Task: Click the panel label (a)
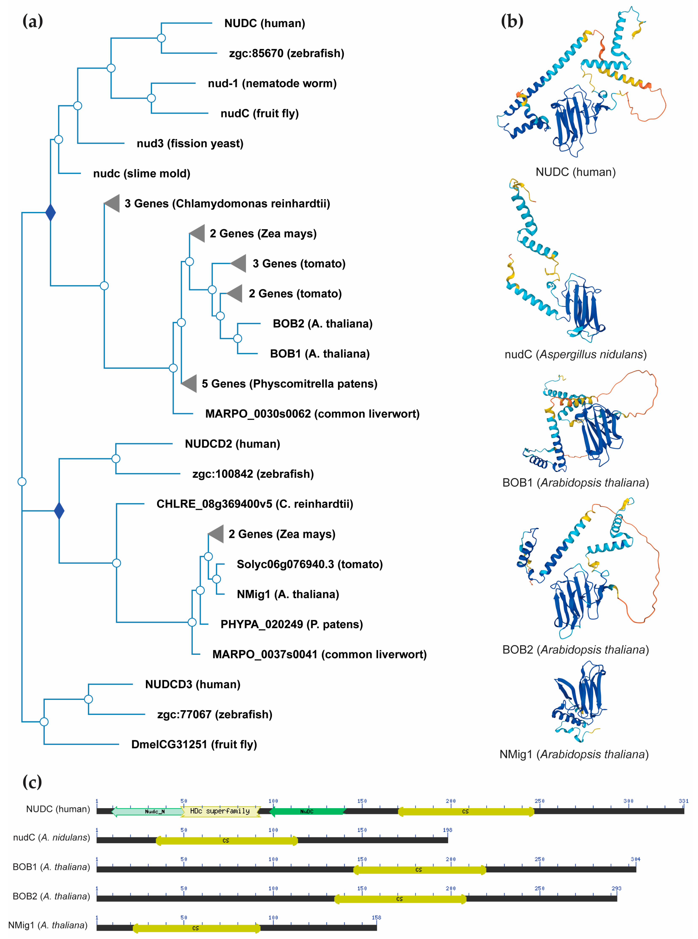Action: tap(32, 21)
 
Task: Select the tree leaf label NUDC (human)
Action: tap(265, 23)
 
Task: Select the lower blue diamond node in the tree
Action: tap(59, 511)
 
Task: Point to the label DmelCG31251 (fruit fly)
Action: tap(194, 744)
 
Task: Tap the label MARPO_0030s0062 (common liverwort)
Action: tap(312, 414)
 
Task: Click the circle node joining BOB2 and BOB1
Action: tap(237, 338)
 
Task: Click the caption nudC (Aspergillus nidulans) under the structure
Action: tap(576, 354)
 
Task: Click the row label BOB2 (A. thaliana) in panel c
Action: tap(51, 896)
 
